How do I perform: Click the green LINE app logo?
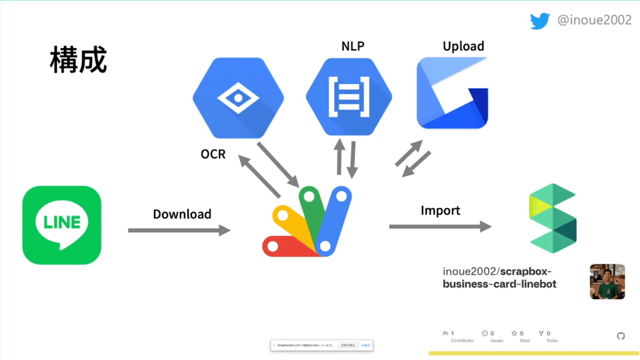pos(62,225)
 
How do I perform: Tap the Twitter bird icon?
pos(540,21)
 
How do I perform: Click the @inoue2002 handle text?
pos(594,21)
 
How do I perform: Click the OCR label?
pos(213,154)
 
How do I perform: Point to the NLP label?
pos(353,46)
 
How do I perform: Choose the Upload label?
pos(463,46)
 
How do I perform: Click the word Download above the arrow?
pos(182,214)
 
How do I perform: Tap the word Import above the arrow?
pos(440,210)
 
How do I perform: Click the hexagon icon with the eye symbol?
pos(238,98)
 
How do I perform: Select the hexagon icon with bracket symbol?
pos(349,97)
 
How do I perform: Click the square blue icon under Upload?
pos(452,92)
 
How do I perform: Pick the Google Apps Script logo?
pos(308,222)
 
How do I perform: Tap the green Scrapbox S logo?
pos(552,218)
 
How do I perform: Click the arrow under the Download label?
pos(179,230)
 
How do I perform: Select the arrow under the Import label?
pos(440,226)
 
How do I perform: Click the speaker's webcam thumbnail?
pos(607,281)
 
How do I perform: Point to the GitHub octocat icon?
pos(620,336)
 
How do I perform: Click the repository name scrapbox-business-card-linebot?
pos(499,278)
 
